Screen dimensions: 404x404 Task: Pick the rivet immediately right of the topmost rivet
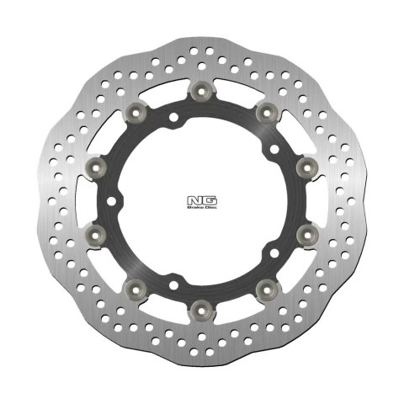click(x=267, y=111)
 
